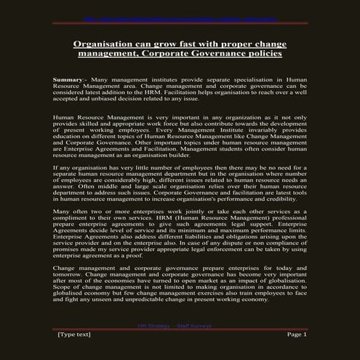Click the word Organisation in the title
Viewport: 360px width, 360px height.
(x=106, y=44)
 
